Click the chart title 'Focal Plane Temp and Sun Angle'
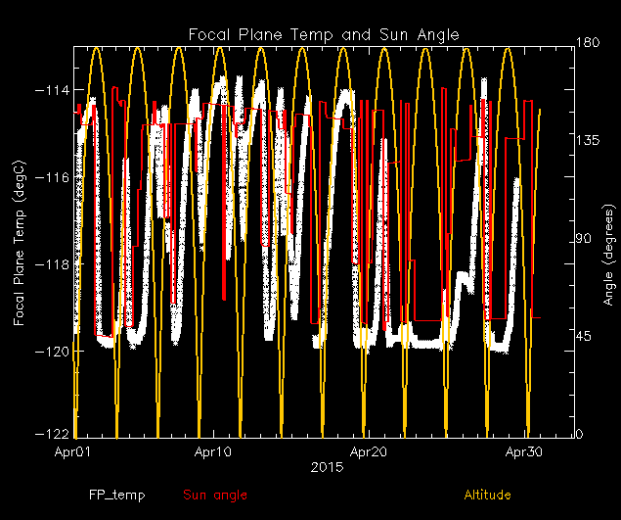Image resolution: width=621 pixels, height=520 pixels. [324, 35]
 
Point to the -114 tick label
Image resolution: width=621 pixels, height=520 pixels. [52, 90]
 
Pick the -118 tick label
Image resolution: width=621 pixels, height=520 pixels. [52, 264]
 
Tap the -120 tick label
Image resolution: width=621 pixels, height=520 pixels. [52, 351]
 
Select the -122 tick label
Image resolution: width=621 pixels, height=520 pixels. [52, 434]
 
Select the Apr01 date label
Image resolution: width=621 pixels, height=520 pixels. [73, 452]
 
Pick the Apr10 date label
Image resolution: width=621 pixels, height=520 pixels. [213, 452]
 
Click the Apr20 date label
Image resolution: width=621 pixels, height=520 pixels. [368, 452]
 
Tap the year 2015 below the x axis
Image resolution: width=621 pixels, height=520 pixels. [324, 468]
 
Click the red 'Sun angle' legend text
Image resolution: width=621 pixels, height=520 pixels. [215, 496]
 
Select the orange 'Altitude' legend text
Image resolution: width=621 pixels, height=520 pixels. [487, 496]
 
